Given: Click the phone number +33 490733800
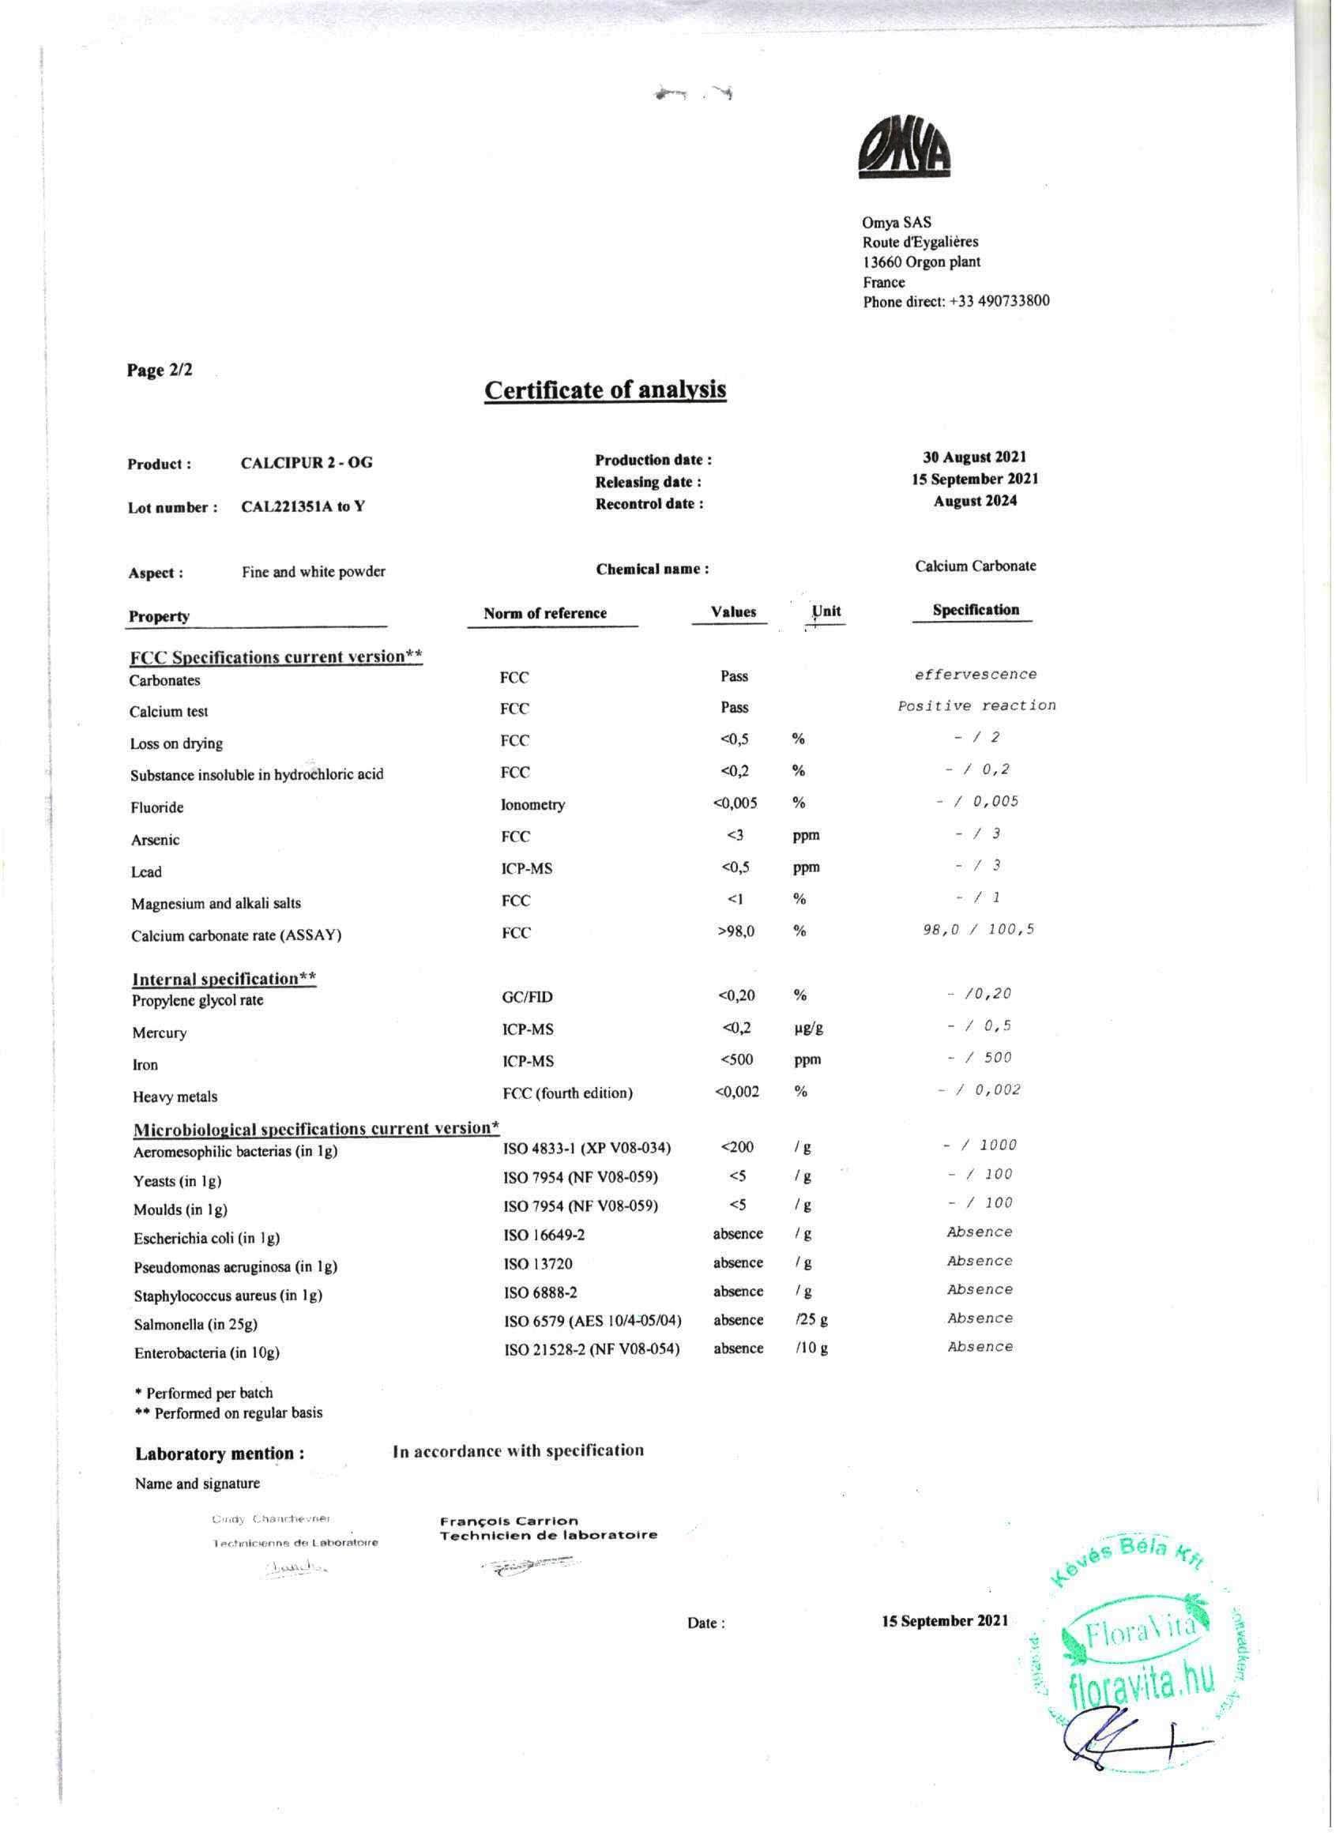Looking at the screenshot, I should (999, 301).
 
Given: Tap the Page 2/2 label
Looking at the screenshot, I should (160, 371).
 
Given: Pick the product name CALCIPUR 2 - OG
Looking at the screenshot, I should (307, 463).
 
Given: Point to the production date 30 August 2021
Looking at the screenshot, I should (975, 457).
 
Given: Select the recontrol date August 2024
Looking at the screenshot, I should (975, 501).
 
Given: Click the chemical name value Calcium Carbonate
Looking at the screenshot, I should (975, 566).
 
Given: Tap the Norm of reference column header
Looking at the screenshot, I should (545, 613).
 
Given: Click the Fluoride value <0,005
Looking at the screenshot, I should (735, 803).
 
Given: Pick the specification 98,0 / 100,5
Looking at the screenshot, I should (978, 929).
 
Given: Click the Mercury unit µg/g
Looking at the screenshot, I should (808, 1028).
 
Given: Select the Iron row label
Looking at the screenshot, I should (145, 1065).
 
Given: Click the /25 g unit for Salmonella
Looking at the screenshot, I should (811, 1320).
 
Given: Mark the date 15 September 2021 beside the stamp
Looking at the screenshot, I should (945, 1620).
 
